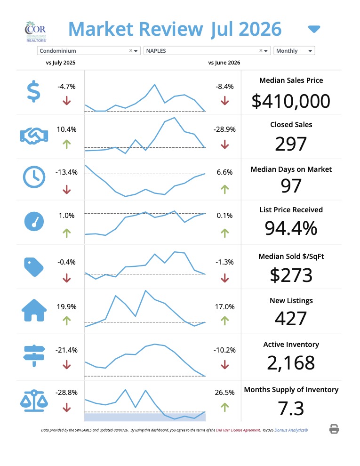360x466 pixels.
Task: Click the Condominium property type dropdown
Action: [88, 51]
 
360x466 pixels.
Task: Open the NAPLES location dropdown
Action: [207, 51]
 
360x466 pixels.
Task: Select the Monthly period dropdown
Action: [294, 51]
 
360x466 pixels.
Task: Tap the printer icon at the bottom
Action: [334, 429]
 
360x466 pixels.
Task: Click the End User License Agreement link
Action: [238, 430]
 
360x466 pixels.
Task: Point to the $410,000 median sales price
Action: [291, 101]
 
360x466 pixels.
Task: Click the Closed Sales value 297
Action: [291, 144]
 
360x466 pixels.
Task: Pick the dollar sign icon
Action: [33, 91]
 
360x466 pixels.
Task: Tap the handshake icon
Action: [34, 136]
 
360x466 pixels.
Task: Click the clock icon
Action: [34, 177]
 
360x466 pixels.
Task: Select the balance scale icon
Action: [34, 401]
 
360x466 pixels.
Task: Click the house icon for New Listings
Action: [34, 310]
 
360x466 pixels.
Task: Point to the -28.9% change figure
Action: [224, 129]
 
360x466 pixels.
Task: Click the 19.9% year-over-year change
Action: [66, 307]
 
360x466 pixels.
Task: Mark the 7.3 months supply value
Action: [291, 409]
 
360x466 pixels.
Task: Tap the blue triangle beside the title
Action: [314, 29]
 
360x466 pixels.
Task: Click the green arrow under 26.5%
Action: [225, 407]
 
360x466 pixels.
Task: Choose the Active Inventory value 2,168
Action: [291, 363]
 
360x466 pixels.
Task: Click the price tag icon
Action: [33, 267]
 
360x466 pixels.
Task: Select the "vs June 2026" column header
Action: [224, 63]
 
